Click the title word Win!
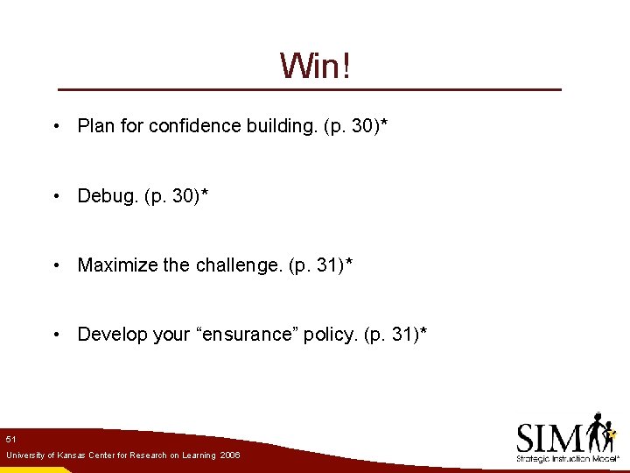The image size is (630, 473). (x=315, y=66)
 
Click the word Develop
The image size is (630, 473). (x=109, y=335)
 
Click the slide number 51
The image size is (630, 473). (x=10, y=438)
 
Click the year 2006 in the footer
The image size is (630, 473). (x=230, y=455)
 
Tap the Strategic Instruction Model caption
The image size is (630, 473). (x=567, y=459)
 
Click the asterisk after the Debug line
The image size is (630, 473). (x=204, y=193)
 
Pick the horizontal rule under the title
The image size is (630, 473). (x=309, y=89)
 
